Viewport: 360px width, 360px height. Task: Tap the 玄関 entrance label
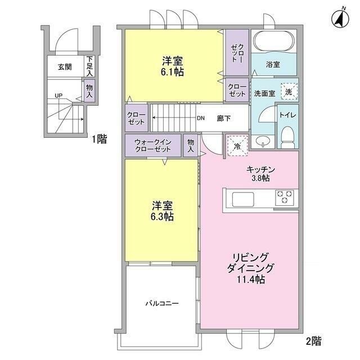pyautogui.click(x=65, y=67)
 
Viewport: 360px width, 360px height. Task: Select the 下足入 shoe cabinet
pyautogui.click(x=89, y=66)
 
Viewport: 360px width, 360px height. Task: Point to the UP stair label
pyautogui.click(x=58, y=95)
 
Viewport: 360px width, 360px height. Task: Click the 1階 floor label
pyautogui.click(x=100, y=138)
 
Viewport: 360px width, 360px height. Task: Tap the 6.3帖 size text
pyautogui.click(x=162, y=217)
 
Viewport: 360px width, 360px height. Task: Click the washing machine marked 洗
pyautogui.click(x=288, y=91)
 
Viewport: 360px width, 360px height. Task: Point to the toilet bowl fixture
pyautogui.click(x=287, y=134)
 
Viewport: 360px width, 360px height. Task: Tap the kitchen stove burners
pyautogui.click(x=284, y=197)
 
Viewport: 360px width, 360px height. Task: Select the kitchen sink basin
pyautogui.click(x=244, y=199)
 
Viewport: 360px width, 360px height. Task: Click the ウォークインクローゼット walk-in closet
pyautogui.click(x=153, y=146)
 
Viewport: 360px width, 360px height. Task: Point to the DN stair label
pyautogui.click(x=200, y=118)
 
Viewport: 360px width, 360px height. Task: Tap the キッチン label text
pyautogui.click(x=259, y=168)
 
